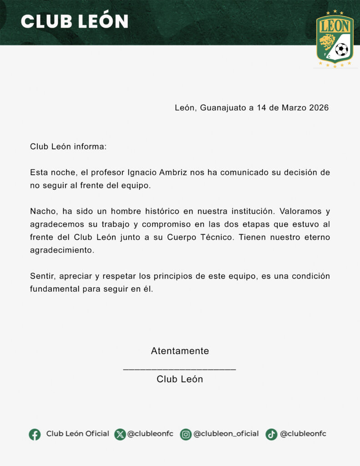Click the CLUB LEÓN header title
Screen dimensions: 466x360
[75, 21]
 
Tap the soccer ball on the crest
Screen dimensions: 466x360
[341, 49]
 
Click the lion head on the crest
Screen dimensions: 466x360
[327, 43]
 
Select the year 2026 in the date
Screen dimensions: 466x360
[319, 108]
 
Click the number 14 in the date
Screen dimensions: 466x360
[261, 108]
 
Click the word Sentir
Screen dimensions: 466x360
[42, 276]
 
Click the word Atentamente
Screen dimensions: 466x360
[180, 351]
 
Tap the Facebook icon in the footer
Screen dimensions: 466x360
[35, 434]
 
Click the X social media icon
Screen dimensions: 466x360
[120, 434]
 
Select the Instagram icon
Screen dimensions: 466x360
[186, 434]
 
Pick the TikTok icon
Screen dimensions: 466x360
[272, 434]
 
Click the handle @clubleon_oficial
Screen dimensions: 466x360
[226, 434]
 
